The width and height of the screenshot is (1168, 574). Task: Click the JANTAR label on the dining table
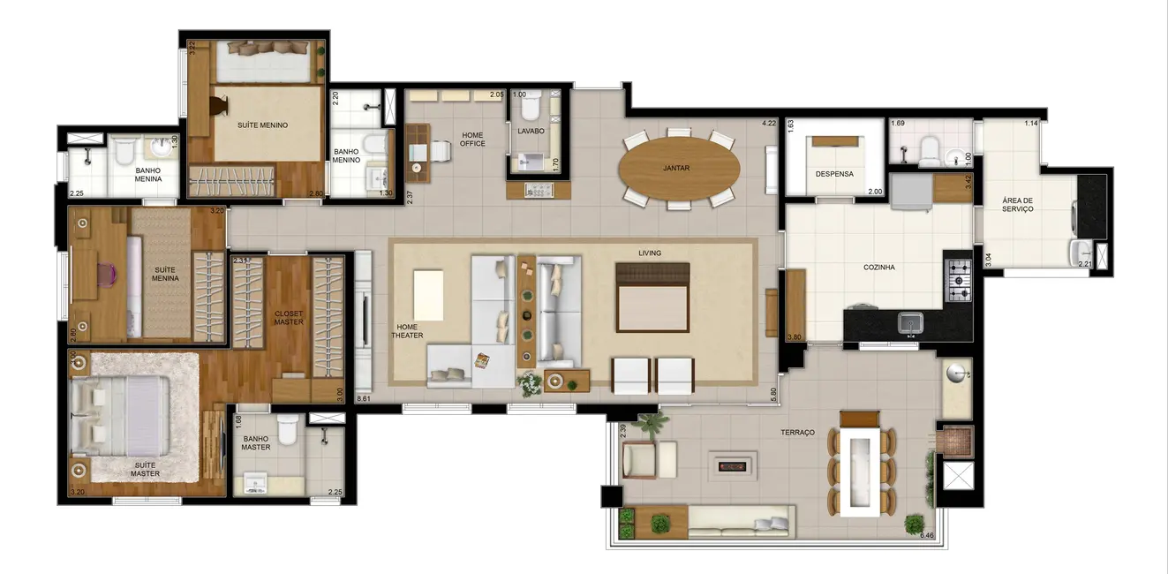676,167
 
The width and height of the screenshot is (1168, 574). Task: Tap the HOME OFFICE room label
472,140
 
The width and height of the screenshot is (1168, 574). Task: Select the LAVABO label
531,131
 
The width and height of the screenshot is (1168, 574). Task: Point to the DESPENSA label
834,174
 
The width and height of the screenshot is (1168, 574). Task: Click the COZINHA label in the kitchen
879,267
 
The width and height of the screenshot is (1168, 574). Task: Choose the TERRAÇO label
797,432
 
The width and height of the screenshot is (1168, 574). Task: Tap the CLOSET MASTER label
289,317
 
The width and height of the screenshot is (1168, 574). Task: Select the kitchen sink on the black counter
910,324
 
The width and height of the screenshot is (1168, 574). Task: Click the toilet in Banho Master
287,430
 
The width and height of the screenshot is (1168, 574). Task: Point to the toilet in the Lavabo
531,109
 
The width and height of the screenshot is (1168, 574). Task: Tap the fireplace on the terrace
733,463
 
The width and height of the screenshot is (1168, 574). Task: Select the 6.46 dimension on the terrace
927,535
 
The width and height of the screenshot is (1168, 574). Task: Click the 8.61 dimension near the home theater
364,400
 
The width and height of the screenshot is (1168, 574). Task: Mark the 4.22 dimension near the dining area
769,124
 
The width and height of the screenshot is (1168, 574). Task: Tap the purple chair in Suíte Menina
107,275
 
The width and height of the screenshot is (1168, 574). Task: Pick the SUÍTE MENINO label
262,125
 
